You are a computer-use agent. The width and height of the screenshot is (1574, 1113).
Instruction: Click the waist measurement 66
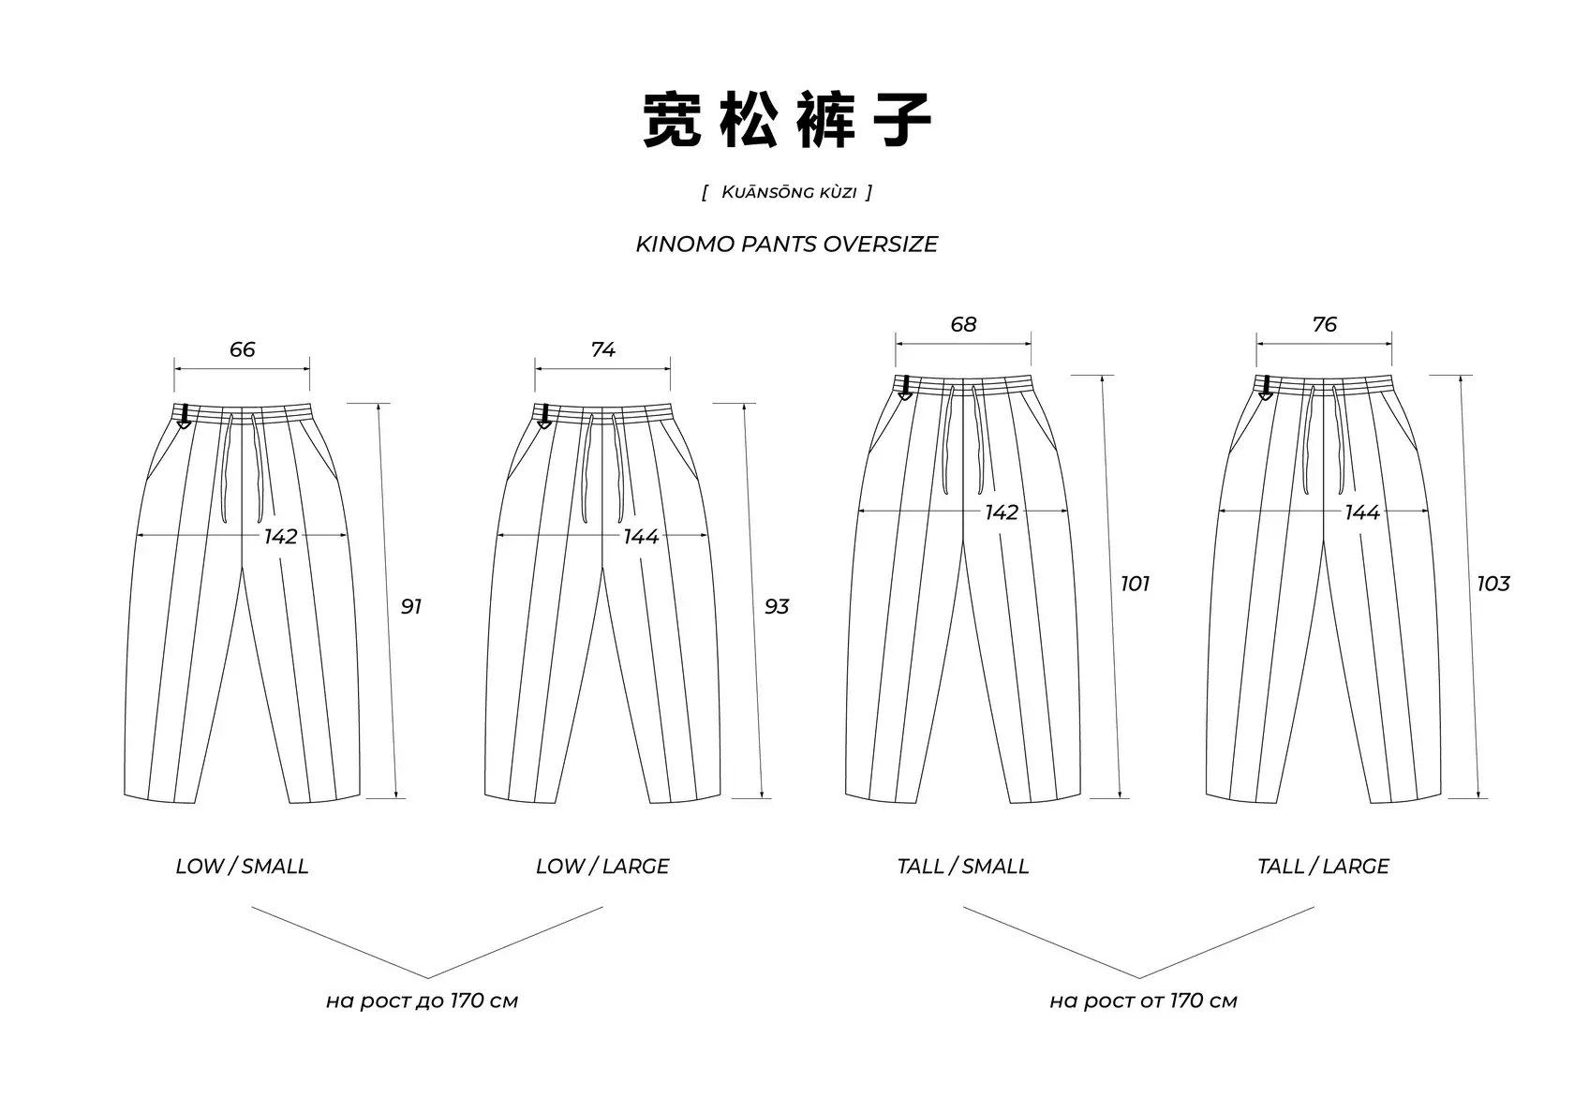[242, 349]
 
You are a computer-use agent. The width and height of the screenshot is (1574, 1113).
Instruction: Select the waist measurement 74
[602, 349]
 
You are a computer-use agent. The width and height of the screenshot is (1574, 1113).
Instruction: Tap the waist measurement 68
[963, 324]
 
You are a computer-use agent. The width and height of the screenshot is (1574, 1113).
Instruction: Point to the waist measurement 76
[1324, 324]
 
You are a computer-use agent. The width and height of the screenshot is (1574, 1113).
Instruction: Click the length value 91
[411, 606]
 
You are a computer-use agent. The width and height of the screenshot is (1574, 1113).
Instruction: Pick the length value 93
[777, 606]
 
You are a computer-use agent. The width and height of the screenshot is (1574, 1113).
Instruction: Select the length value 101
[1135, 584]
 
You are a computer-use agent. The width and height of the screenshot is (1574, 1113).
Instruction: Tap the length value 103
[1493, 584]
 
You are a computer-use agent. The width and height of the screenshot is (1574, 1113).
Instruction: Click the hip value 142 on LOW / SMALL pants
[280, 536]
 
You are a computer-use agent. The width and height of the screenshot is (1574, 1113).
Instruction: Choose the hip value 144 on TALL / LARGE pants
[1362, 512]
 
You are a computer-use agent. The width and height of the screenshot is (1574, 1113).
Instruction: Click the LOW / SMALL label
[242, 866]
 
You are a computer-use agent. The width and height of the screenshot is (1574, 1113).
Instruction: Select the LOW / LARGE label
[602, 866]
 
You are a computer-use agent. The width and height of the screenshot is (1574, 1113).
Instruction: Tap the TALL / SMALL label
[963, 866]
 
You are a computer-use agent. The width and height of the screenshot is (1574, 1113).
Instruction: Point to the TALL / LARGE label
[1323, 866]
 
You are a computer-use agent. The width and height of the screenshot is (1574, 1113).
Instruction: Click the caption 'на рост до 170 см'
[422, 1001]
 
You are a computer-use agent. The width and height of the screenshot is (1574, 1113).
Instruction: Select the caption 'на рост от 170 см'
[1143, 1001]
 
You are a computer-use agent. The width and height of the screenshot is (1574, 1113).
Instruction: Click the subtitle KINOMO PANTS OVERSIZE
[787, 245]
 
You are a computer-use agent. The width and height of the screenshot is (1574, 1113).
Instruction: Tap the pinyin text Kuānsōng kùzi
[788, 192]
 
